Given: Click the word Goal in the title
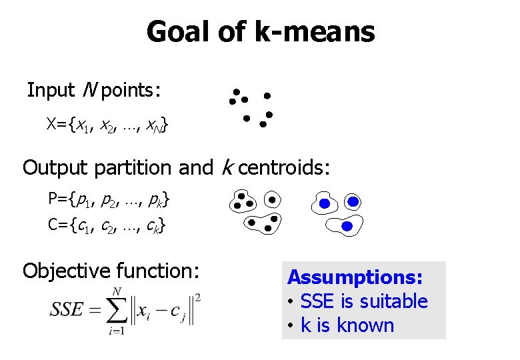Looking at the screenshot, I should (x=176, y=32).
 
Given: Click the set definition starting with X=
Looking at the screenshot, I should (x=107, y=125).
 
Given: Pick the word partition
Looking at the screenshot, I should (x=131, y=167).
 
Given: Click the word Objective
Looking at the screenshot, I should (x=66, y=271).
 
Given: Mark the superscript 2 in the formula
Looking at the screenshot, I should (x=198, y=296).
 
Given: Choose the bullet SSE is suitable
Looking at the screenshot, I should (x=363, y=301).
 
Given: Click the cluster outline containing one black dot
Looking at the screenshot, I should (x=272, y=199).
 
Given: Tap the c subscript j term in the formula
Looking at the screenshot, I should (x=177, y=312).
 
